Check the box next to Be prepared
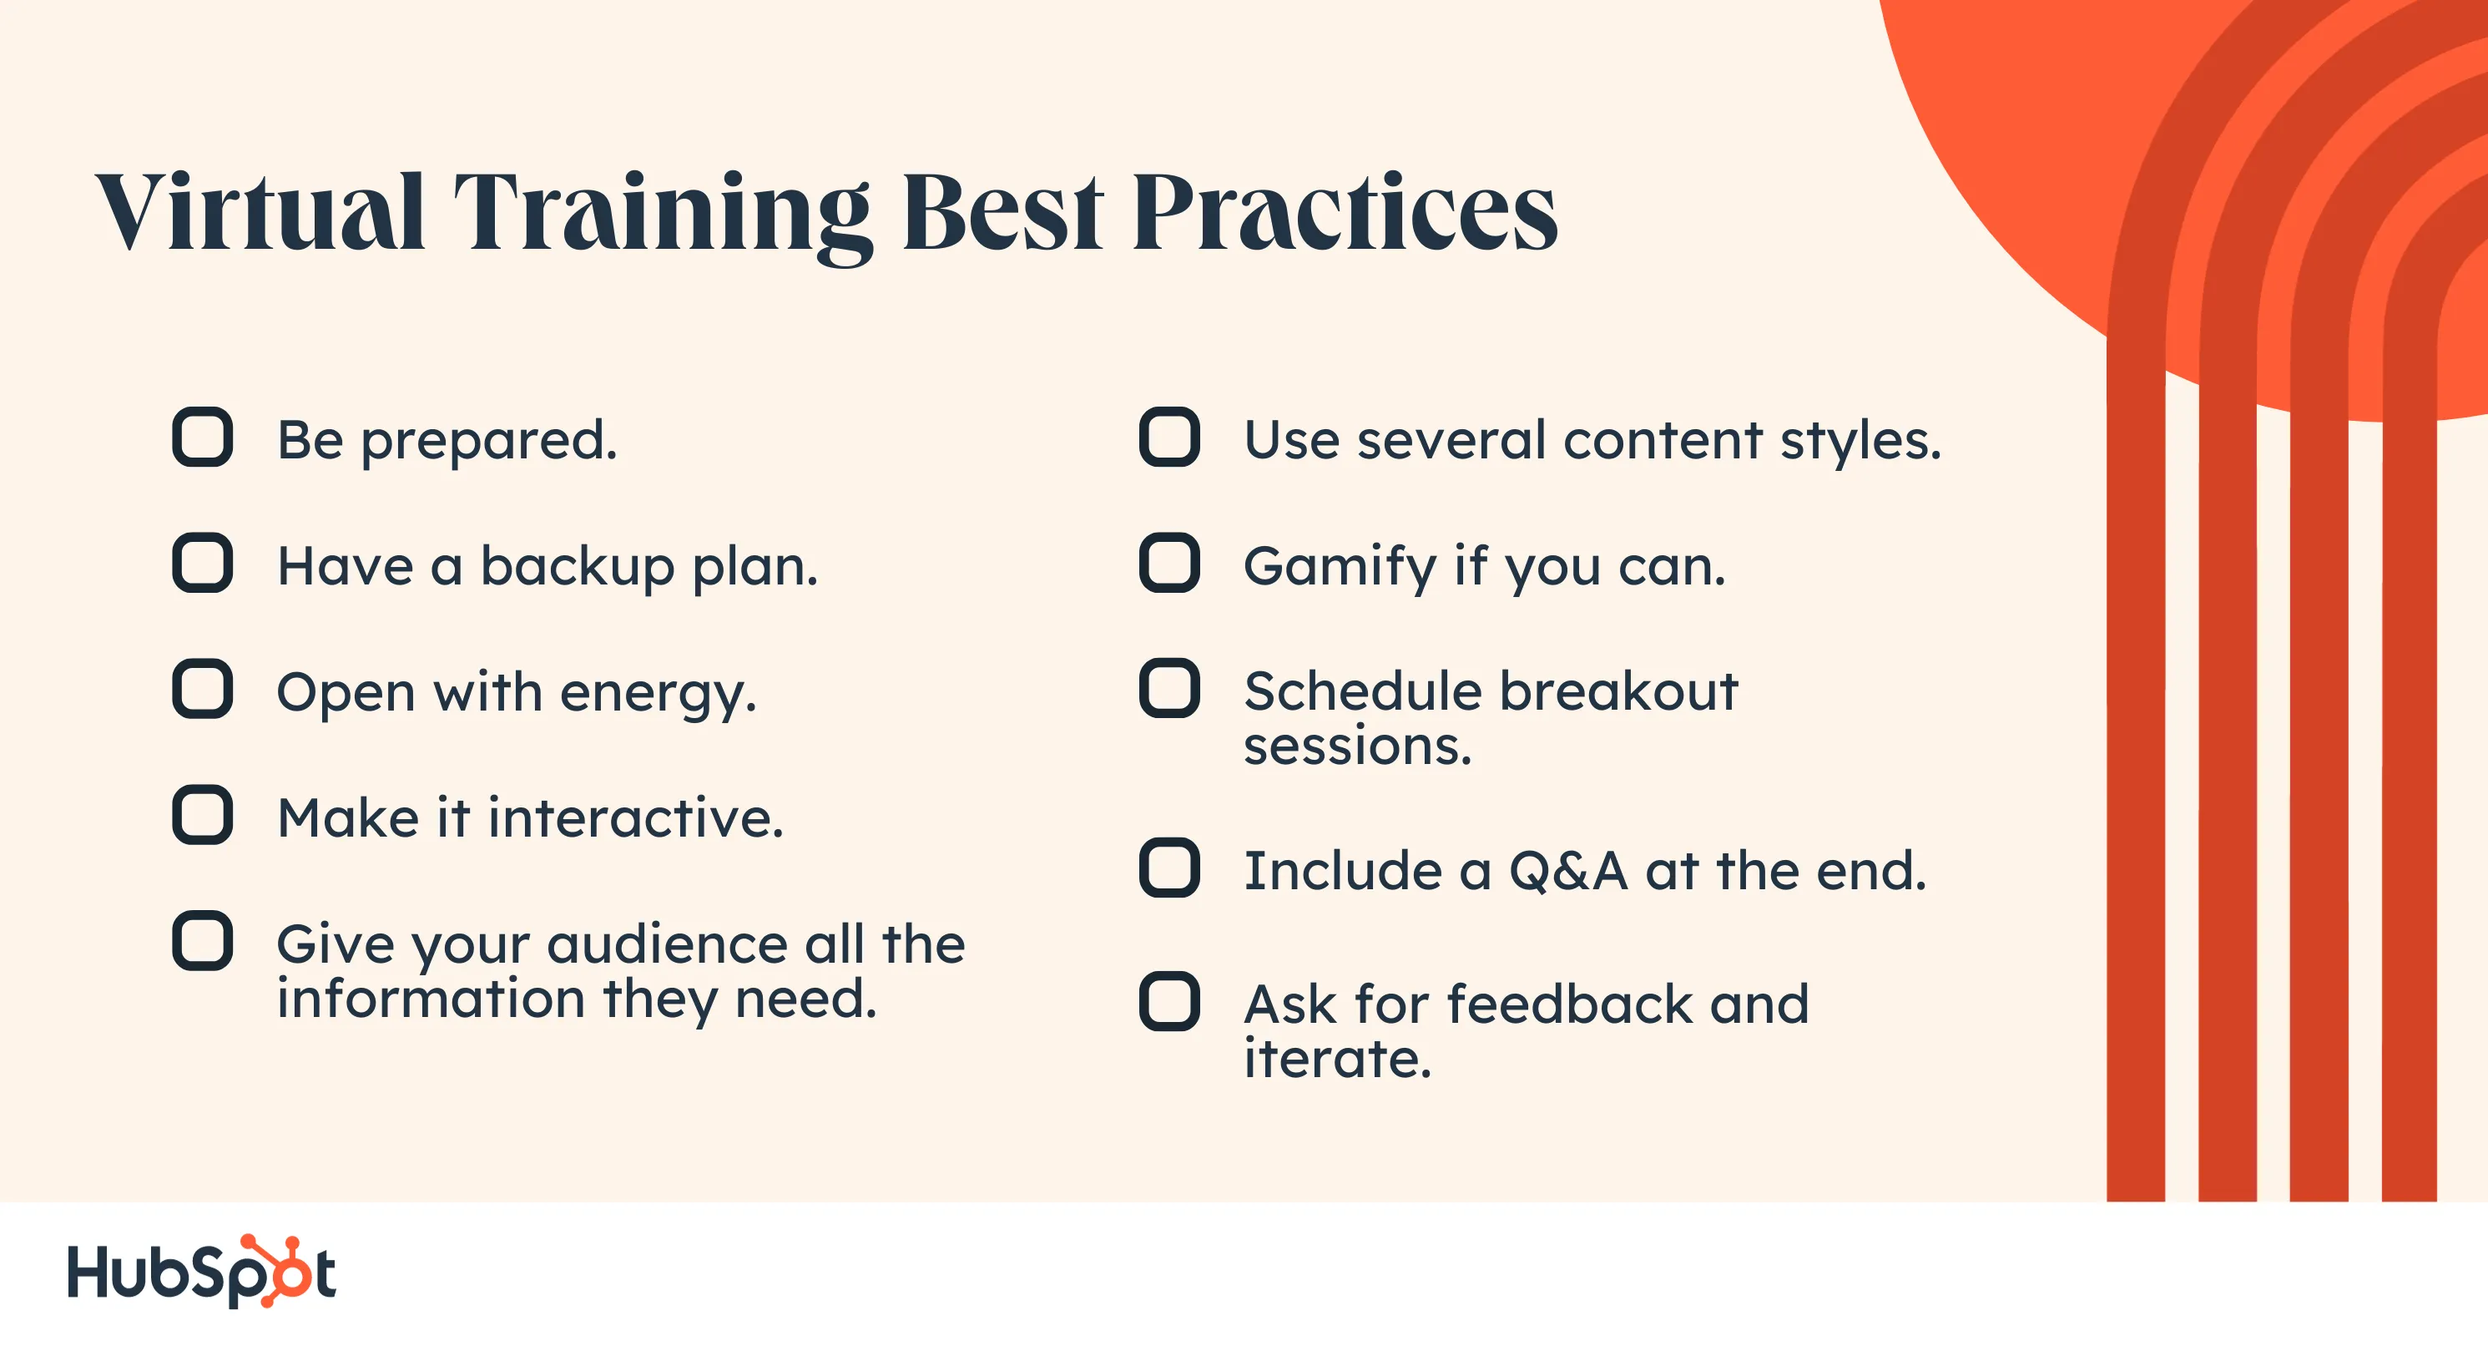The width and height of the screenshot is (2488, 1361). [203, 437]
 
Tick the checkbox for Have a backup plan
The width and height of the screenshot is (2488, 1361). [203, 562]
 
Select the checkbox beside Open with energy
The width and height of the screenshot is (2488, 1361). [203, 689]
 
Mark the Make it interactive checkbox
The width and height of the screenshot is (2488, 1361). [203, 814]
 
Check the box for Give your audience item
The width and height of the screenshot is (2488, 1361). [203, 940]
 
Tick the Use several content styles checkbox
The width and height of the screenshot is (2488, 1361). [1169, 437]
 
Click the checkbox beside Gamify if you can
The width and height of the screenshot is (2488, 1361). [1169, 562]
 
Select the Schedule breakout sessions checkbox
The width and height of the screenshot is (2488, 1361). [1169, 689]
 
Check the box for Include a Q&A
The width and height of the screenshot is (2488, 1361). [1169, 868]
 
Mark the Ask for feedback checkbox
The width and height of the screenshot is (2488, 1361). [1169, 1000]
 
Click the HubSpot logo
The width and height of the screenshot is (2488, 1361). [201, 1271]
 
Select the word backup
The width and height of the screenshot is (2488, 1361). [578, 568]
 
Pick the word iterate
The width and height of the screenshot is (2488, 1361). [1338, 1059]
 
